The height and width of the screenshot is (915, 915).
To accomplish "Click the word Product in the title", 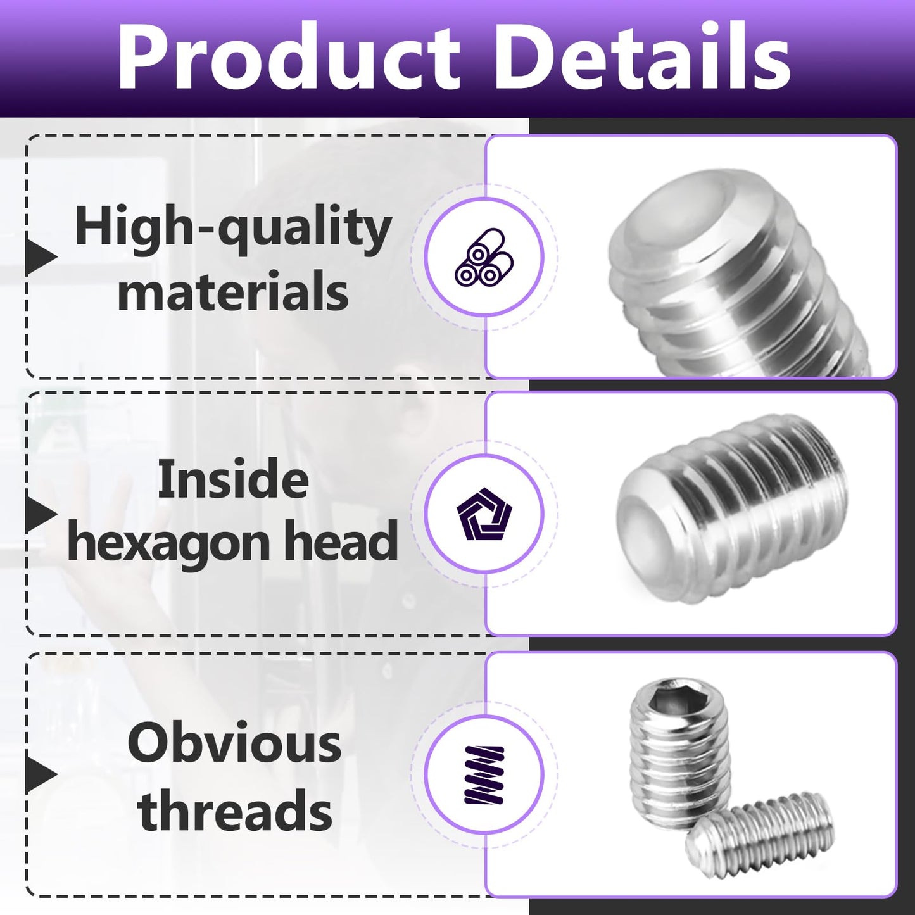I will click(289, 58).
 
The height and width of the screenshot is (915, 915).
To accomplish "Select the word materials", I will click(233, 293).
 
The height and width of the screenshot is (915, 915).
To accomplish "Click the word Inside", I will click(233, 479).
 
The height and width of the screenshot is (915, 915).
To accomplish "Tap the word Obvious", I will click(234, 743).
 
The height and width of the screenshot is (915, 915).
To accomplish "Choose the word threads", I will click(235, 811).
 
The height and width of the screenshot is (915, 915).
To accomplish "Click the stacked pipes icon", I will click(484, 257).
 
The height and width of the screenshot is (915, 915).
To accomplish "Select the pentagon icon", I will click(484, 514).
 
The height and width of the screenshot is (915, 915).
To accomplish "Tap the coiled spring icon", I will click(484, 774).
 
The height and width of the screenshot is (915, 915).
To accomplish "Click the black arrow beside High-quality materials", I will click(42, 257).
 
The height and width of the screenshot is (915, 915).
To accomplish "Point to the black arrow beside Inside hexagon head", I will click(42, 514).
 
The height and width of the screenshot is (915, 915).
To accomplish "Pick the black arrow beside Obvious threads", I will click(42, 774).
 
